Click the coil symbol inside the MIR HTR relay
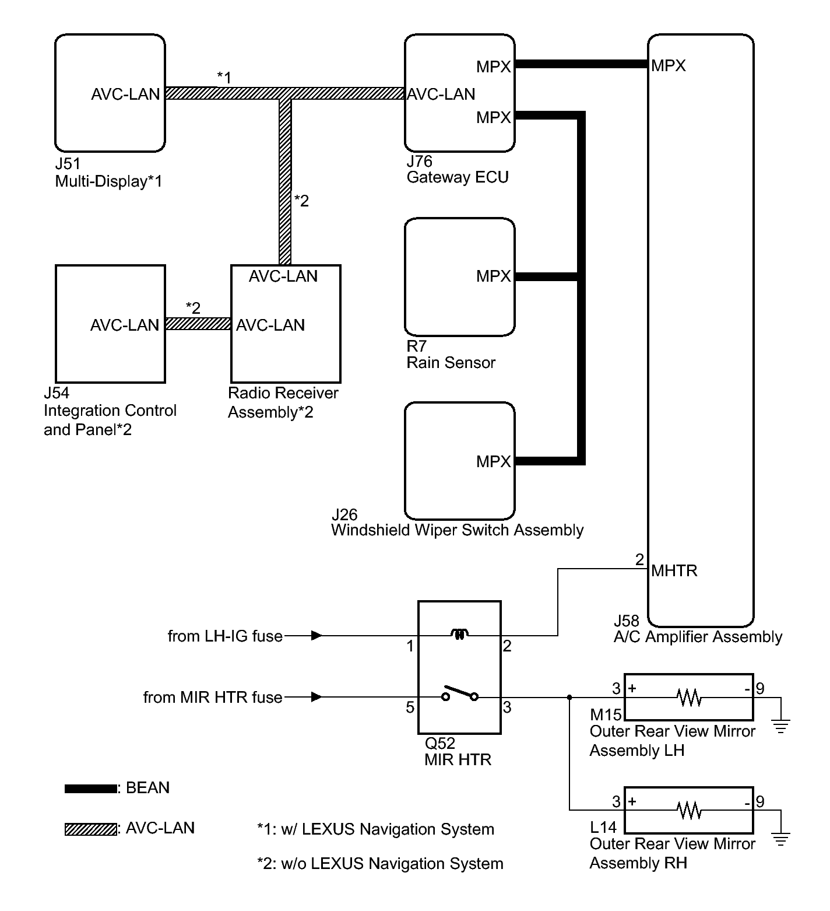[460, 635]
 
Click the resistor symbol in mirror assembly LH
[689, 697]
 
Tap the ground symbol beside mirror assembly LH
[781, 727]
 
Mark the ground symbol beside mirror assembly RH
[781, 839]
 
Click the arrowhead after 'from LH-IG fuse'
[316, 635]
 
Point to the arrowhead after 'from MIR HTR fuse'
[316, 697]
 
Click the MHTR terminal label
[674, 570]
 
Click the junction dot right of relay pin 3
[569, 697]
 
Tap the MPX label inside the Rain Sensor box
[493, 276]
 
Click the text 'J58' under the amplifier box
[627, 621]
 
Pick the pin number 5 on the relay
[410, 707]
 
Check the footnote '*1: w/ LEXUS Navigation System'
[376, 829]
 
